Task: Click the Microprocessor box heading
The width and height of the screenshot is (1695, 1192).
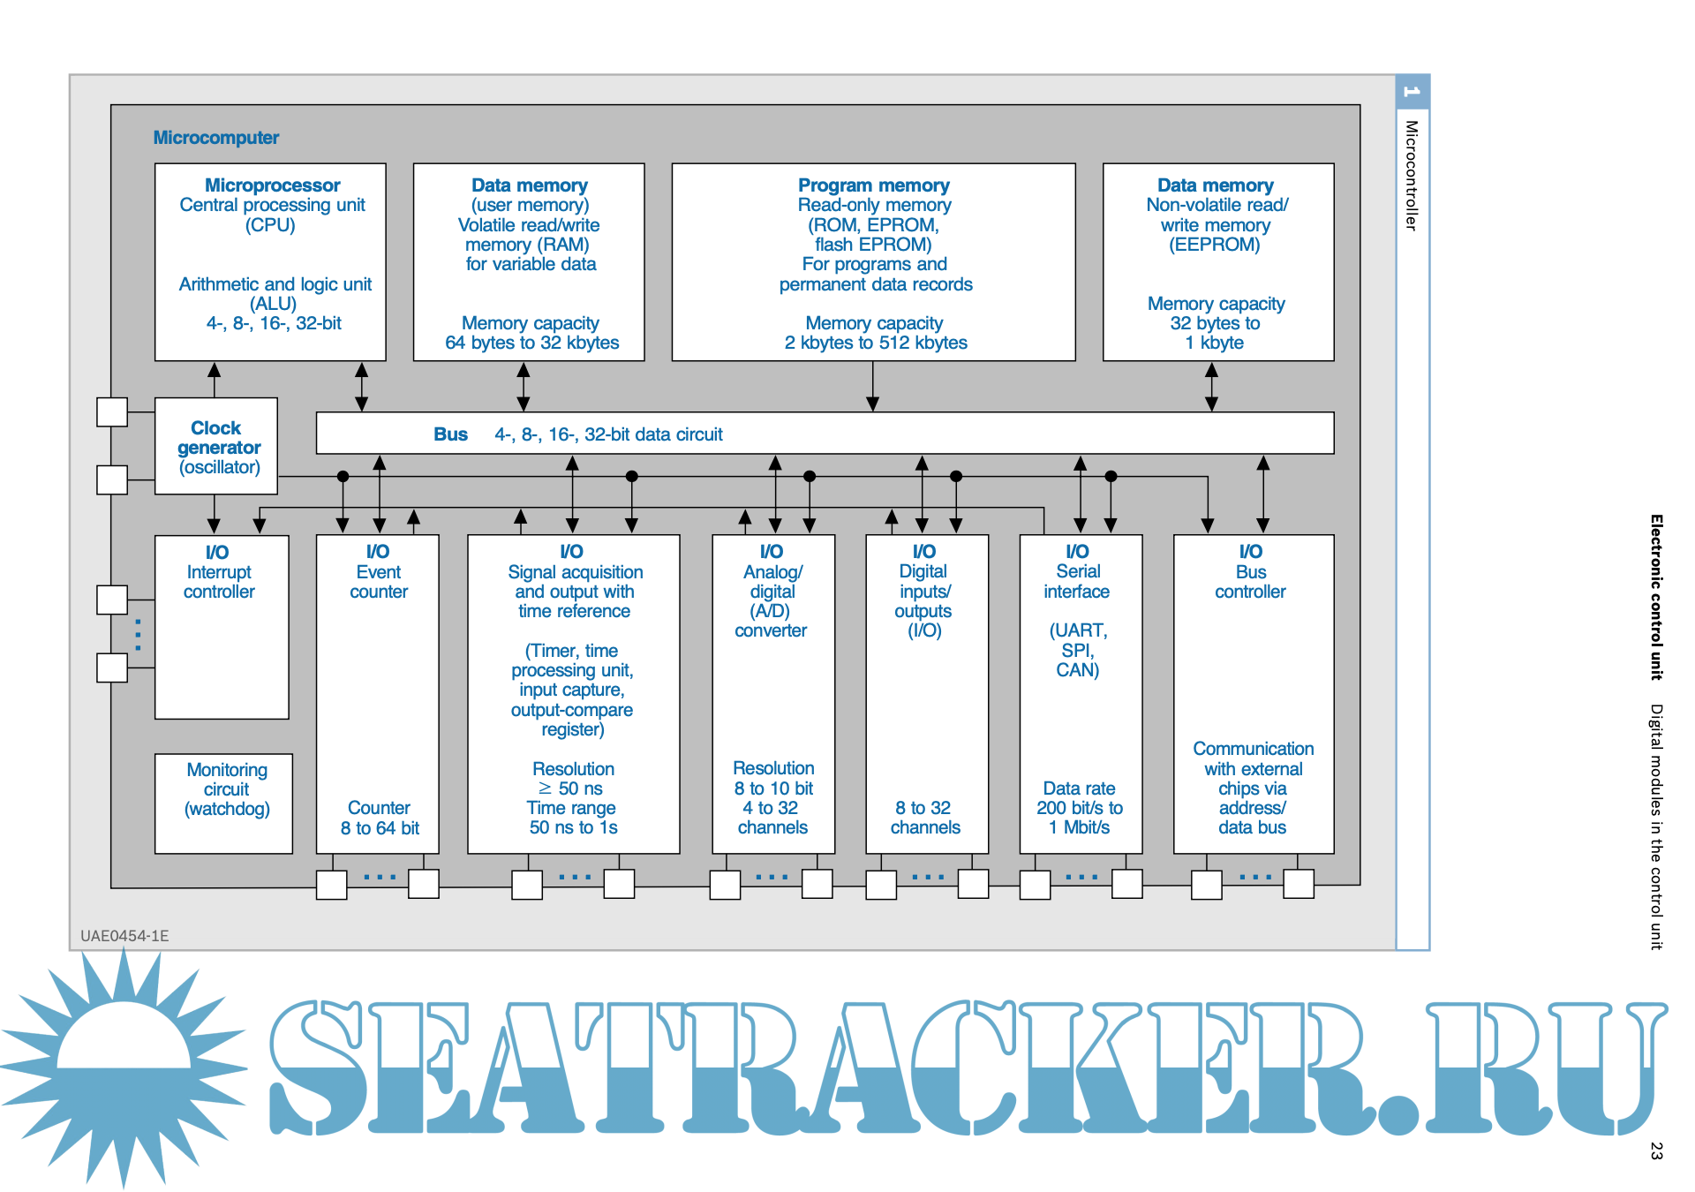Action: click(272, 185)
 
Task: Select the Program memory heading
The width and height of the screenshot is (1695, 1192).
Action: click(873, 185)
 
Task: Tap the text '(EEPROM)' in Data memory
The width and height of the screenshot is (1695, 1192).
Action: click(1215, 245)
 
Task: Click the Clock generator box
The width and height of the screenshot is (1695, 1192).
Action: click(216, 447)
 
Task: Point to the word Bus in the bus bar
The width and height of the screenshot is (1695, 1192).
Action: click(450, 434)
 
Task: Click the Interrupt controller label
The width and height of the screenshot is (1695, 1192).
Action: click(219, 582)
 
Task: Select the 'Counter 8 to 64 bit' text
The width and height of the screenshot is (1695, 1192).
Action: click(380, 818)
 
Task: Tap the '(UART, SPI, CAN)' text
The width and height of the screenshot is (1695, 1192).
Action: click(1078, 650)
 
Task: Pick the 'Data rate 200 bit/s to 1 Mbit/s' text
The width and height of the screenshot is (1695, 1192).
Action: click(1080, 808)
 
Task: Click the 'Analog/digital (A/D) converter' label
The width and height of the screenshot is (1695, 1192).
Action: click(772, 601)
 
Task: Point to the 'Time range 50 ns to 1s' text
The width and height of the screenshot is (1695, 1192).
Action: click(573, 818)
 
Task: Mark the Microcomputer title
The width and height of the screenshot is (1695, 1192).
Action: click(216, 138)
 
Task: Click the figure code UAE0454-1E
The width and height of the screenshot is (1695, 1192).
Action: click(124, 936)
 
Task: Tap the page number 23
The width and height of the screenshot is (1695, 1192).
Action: click(1656, 1151)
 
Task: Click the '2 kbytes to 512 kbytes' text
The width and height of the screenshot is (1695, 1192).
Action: click(876, 343)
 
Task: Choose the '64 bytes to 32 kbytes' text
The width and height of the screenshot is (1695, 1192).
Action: click(531, 343)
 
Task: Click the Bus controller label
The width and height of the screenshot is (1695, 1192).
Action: click(1250, 582)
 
